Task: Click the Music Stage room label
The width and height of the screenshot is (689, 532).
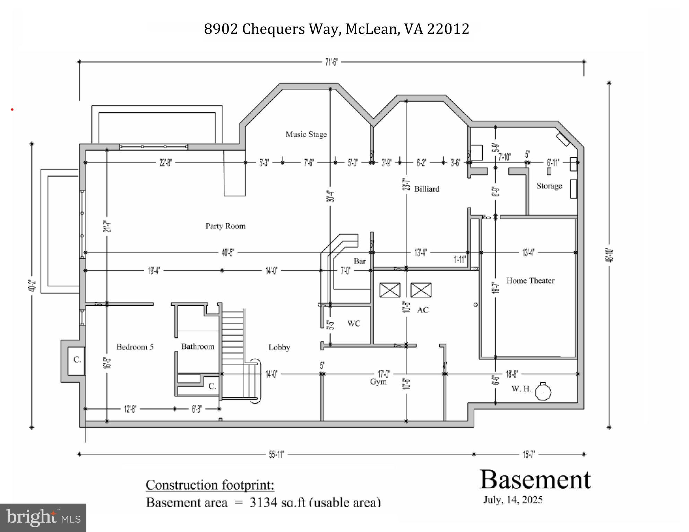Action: click(306, 134)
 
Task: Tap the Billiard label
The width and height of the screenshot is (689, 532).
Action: click(427, 189)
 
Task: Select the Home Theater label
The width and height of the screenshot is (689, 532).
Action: click(530, 280)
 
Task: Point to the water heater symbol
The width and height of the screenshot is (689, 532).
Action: click(543, 392)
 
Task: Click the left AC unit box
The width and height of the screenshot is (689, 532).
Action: click(390, 290)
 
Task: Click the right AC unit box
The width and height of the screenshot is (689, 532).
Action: click(421, 290)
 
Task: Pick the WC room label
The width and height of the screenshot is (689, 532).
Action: click(354, 323)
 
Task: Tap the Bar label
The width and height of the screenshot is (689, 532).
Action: click(360, 261)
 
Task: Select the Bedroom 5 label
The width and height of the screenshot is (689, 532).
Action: click(135, 347)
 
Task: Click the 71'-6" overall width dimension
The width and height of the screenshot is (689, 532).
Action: click(331, 62)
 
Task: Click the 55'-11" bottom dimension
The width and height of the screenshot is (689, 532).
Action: click(276, 454)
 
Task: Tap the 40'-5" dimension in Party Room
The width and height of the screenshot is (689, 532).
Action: click(228, 253)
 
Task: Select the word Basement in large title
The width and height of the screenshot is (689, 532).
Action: click(535, 480)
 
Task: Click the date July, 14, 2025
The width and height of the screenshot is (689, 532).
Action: click(513, 500)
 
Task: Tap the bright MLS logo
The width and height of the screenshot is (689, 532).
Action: click(43, 518)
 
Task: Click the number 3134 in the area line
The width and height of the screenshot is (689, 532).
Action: click(263, 502)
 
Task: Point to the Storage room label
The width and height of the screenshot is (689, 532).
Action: click(549, 186)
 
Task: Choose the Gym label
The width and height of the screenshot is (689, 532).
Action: click(378, 382)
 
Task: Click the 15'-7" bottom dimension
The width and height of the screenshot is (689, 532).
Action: click(529, 454)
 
